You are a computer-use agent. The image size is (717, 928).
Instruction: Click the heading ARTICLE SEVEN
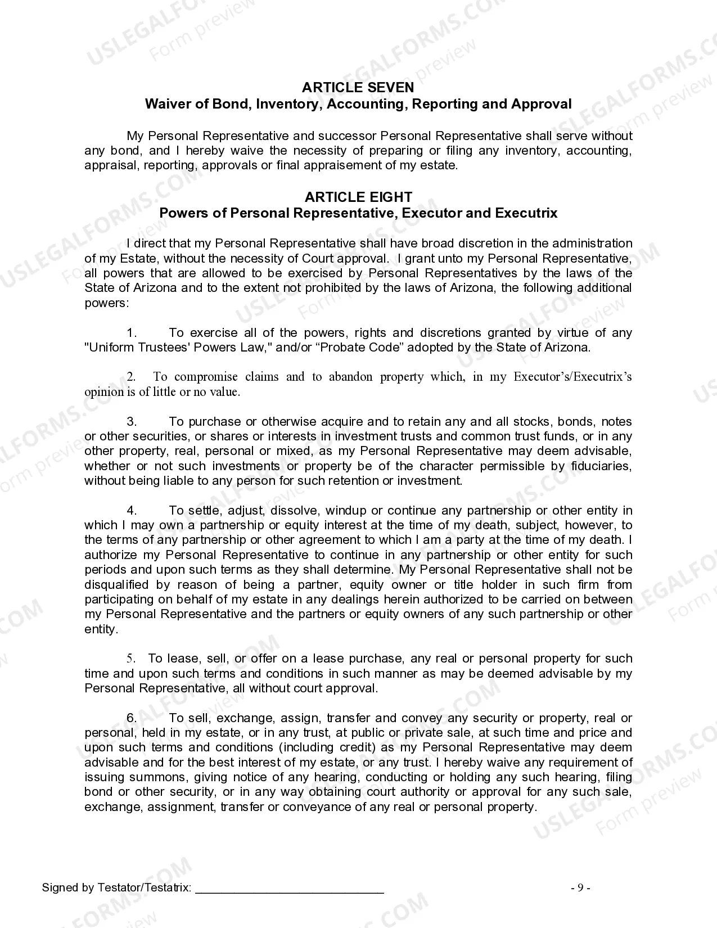[358, 87]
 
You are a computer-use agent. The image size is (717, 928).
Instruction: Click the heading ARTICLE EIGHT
[358, 197]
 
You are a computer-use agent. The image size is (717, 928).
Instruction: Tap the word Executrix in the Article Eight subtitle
[526, 213]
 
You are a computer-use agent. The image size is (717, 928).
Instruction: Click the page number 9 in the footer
[580, 888]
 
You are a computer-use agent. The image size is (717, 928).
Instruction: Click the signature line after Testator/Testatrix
[290, 889]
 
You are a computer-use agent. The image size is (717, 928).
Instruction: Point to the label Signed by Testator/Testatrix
[116, 888]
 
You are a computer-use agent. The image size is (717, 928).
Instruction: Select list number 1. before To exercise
[132, 333]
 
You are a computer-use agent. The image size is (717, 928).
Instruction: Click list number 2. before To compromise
[131, 377]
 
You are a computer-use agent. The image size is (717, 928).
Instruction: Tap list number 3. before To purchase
[132, 422]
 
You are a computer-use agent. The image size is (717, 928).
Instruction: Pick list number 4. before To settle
[132, 511]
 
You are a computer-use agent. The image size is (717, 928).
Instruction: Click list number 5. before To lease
[131, 659]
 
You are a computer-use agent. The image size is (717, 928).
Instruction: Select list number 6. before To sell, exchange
[132, 718]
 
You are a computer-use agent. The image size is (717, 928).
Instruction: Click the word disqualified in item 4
[116, 585]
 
